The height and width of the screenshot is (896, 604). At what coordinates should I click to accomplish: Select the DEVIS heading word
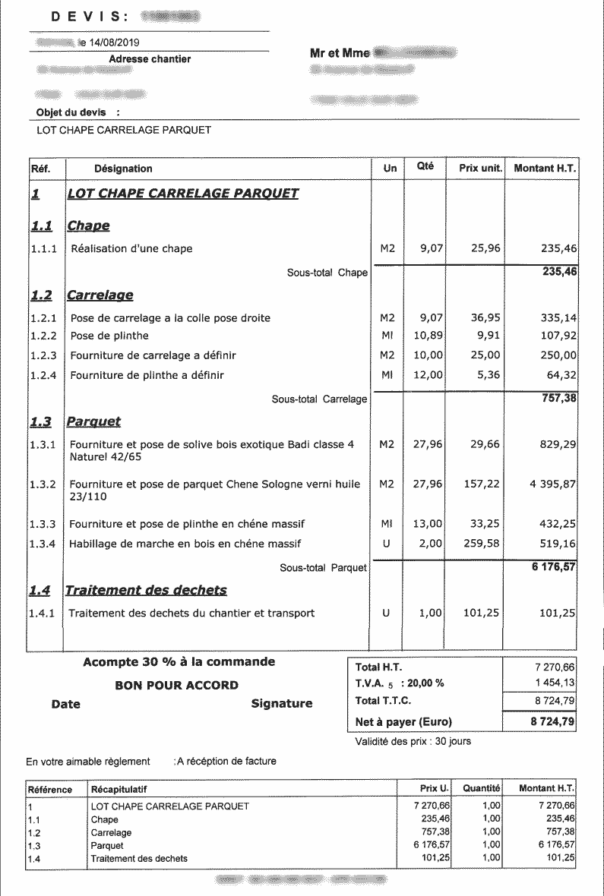tap(81, 16)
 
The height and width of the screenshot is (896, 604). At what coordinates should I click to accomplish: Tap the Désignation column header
tap(122, 169)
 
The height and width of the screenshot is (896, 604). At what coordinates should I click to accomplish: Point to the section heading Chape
tap(88, 226)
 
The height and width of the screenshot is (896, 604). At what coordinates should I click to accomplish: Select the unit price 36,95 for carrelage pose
tap(485, 317)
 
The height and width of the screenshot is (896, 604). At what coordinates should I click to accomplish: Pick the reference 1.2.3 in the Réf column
tap(43, 355)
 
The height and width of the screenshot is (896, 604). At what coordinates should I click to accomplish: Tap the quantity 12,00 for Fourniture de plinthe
tap(428, 374)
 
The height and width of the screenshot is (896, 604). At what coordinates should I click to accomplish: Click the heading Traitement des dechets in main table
tap(146, 590)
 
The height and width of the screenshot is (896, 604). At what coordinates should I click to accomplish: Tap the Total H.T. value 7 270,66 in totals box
tap(555, 666)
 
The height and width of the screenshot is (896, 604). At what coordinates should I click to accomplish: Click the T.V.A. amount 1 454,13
tap(555, 683)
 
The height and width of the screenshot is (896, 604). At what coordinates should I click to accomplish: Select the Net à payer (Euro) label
tap(403, 721)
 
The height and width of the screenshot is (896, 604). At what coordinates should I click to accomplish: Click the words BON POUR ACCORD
tap(176, 685)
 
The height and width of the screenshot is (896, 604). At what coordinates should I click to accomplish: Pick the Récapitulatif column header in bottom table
tap(119, 789)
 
